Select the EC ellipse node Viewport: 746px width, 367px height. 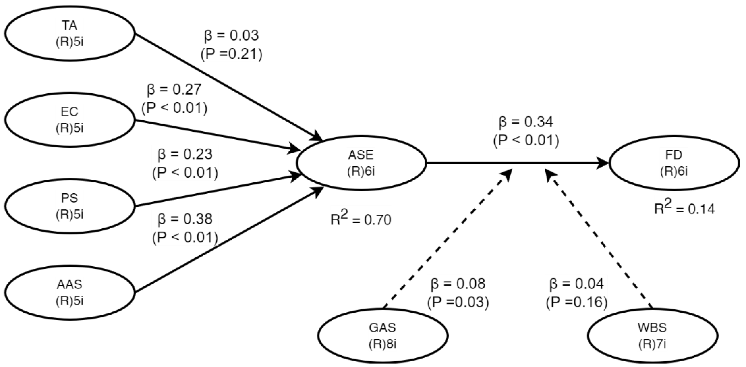[x=69, y=120]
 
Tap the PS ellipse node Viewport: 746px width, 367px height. [x=69, y=206]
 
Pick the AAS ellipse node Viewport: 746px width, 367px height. [x=69, y=293]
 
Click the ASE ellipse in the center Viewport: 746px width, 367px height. [x=361, y=163]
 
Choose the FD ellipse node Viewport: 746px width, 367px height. [x=674, y=163]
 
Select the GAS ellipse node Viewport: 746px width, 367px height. [x=383, y=335]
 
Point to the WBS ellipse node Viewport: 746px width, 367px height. [x=652, y=335]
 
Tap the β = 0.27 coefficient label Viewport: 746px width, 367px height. [x=174, y=90]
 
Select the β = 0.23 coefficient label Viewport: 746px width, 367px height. [x=185, y=154]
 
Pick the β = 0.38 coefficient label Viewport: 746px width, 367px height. [x=185, y=219]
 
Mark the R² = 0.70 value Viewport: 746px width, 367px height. [x=361, y=220]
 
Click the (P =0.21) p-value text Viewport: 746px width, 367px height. [x=231, y=54]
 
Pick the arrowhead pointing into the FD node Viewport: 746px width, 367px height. [x=604, y=163]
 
